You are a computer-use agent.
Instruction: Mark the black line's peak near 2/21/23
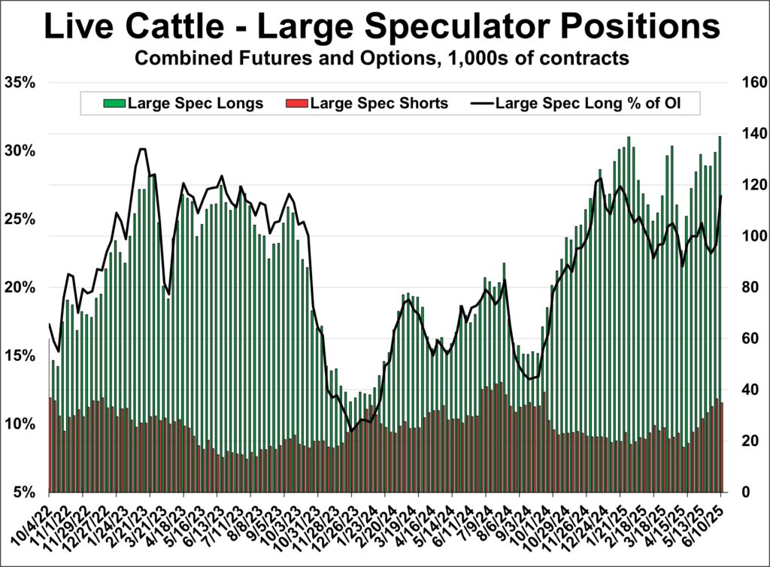(142, 149)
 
